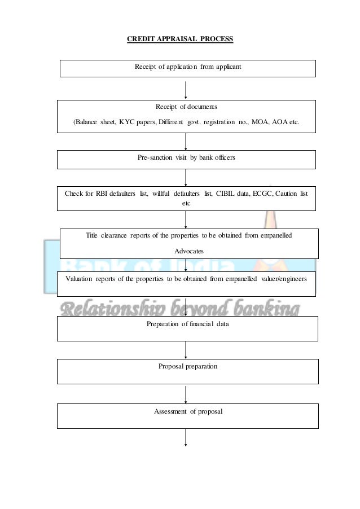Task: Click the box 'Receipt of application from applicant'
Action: point(187,68)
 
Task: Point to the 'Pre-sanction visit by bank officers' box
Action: point(186,159)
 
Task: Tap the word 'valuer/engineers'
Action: point(284,279)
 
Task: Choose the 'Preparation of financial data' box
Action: point(187,328)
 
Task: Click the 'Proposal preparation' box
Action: point(187,371)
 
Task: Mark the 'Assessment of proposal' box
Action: point(188,415)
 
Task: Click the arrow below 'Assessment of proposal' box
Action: point(186,437)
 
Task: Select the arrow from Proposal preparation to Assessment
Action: point(186,393)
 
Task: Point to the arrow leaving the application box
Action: point(186,88)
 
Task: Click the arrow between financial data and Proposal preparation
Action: point(186,350)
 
